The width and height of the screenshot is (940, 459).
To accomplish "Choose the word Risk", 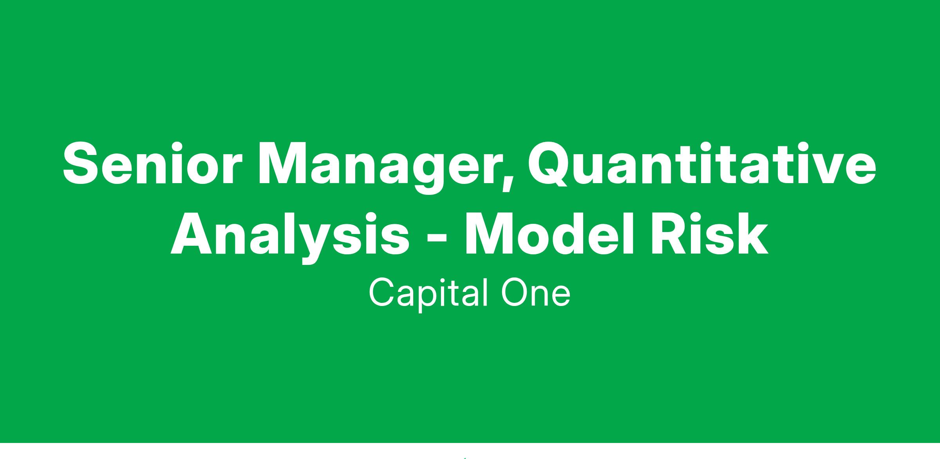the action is (709, 233).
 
